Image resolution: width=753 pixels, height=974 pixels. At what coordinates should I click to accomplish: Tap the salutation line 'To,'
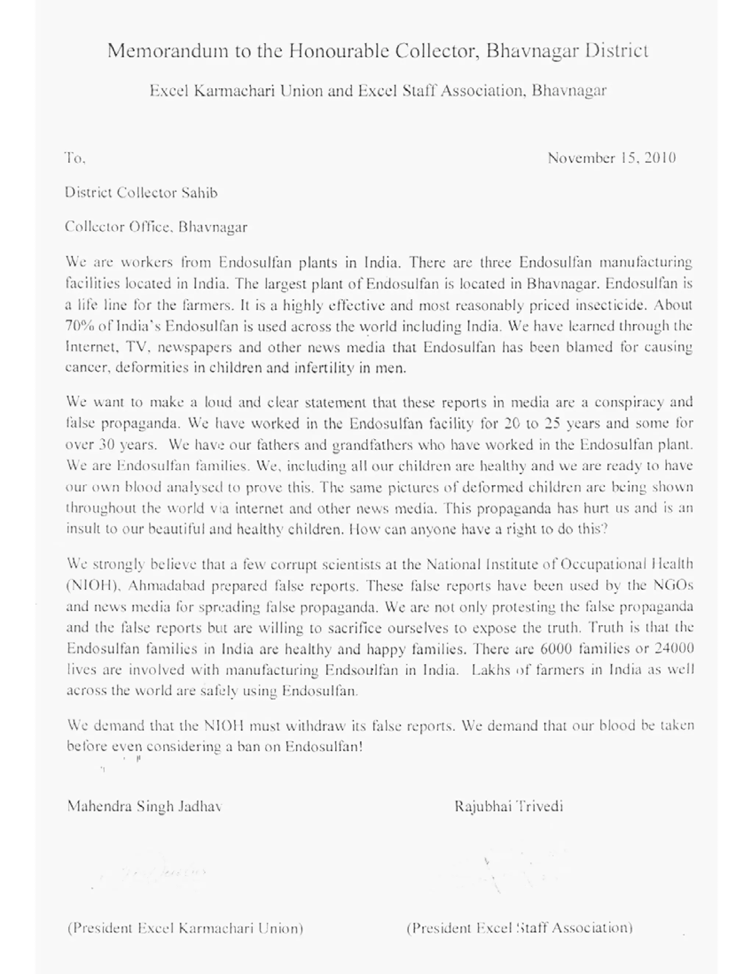[75, 158]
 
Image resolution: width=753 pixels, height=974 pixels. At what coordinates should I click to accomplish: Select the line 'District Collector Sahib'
[141, 193]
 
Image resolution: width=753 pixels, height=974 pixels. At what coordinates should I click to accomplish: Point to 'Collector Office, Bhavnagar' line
[156, 227]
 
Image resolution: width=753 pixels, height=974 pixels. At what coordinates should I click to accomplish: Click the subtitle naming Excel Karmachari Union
[377, 91]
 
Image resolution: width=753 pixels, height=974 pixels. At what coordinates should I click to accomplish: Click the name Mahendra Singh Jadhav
[144, 806]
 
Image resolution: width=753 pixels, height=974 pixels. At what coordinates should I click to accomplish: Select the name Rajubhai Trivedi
[508, 806]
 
